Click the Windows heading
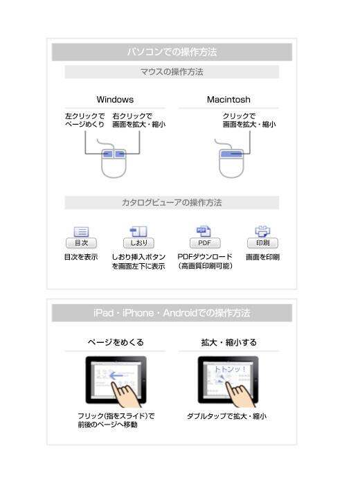(x=115, y=100)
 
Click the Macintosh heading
(x=228, y=100)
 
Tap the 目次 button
(x=81, y=243)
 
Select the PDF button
(x=205, y=243)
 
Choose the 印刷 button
(x=262, y=243)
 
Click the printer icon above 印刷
(x=262, y=231)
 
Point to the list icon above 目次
(x=81, y=231)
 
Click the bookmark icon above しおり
(x=138, y=231)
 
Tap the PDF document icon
(x=204, y=231)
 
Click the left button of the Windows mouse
(x=107, y=153)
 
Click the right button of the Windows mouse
(x=120, y=153)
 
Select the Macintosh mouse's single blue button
(x=231, y=153)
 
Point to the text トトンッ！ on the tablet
(x=230, y=369)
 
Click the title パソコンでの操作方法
(x=172, y=52)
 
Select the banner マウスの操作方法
(x=172, y=72)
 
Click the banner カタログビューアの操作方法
(x=172, y=203)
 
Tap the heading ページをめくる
(x=116, y=342)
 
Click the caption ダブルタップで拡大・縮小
(x=227, y=416)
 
